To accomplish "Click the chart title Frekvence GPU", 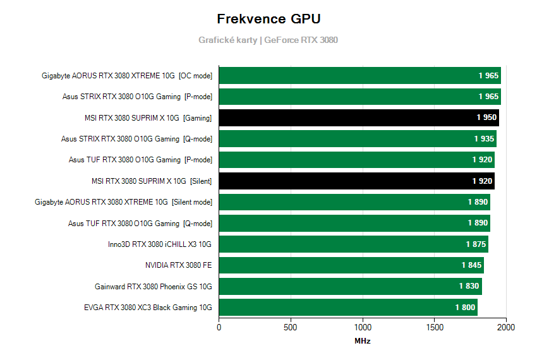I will click(x=268, y=18).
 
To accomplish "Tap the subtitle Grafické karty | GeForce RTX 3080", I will click(x=268, y=40).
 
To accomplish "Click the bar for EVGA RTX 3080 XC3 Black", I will click(x=348, y=308).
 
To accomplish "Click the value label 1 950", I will click(x=487, y=117).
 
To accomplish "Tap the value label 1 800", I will click(x=466, y=308).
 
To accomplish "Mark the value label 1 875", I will click(x=476, y=244).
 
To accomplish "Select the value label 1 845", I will click(x=472, y=265).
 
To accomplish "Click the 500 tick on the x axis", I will click(x=291, y=328).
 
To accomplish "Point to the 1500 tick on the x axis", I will click(x=435, y=328).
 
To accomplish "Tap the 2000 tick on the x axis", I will click(x=506, y=328).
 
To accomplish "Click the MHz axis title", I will click(x=362, y=341).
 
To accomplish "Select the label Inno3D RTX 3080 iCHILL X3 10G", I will click(x=160, y=244).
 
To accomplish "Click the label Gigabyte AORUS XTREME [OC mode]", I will click(x=127, y=76).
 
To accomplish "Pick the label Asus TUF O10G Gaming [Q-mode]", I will click(x=140, y=223).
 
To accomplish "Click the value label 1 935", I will click(x=485, y=139).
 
